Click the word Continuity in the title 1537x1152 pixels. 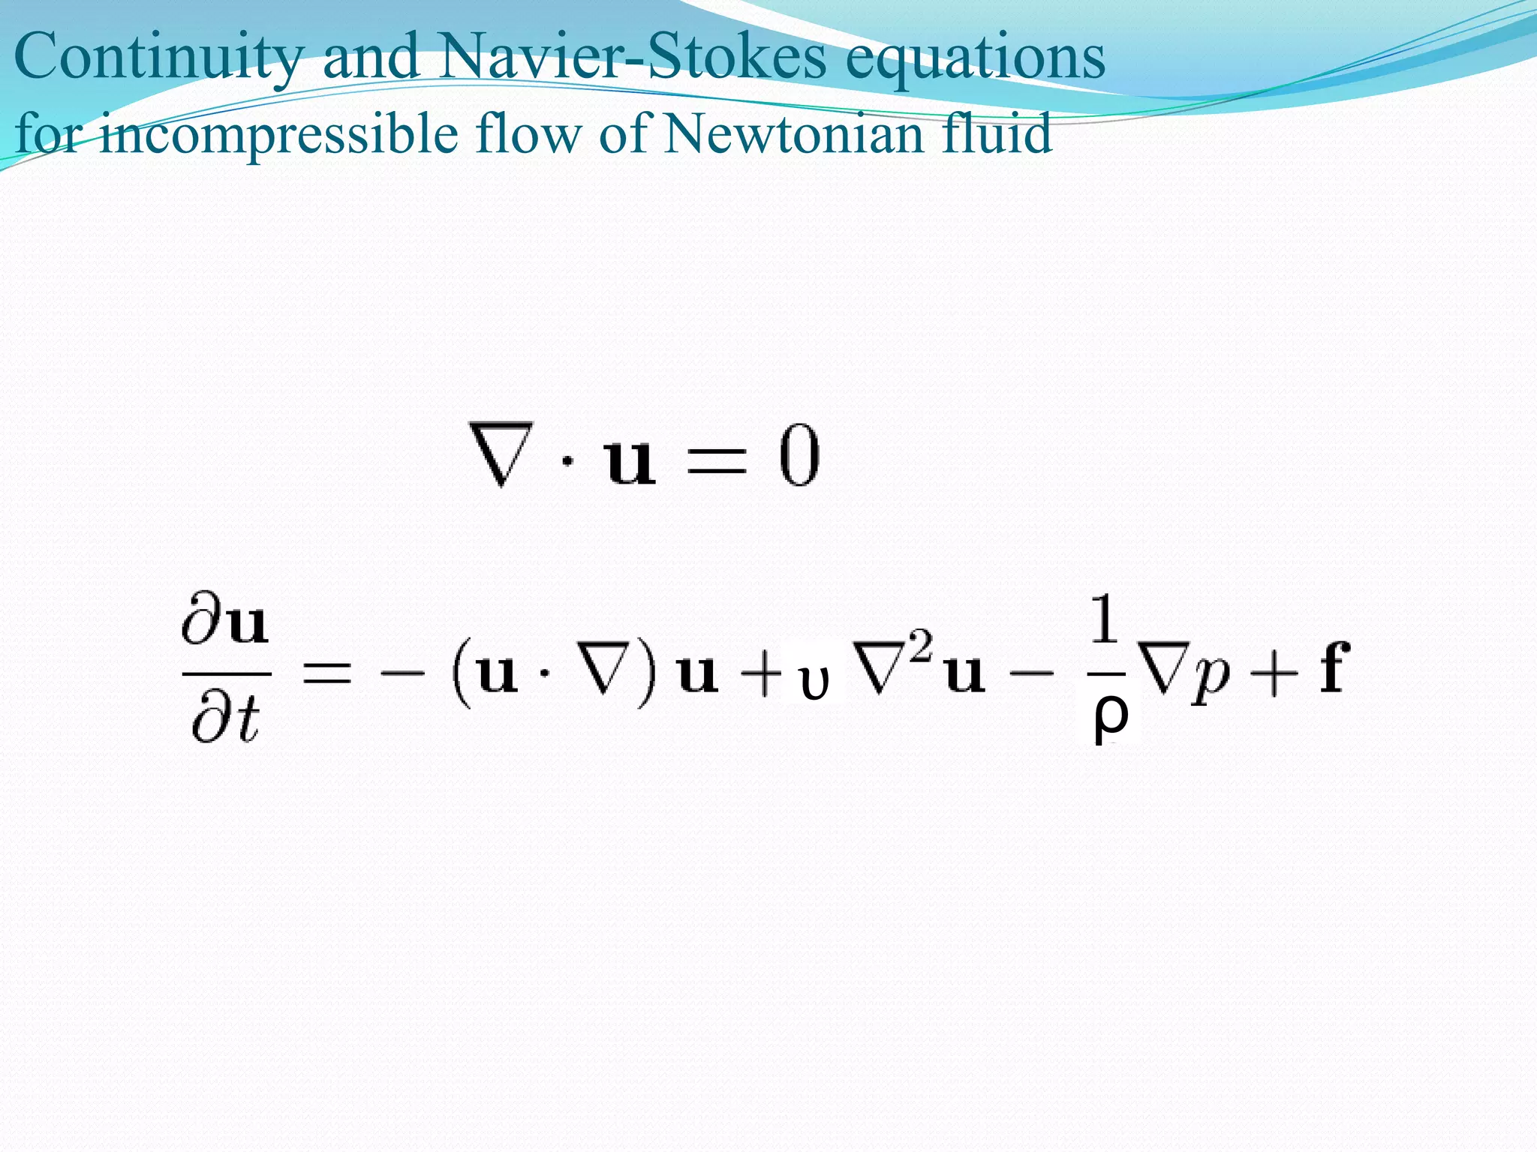pyautogui.click(x=158, y=58)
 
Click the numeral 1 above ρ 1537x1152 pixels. pyautogui.click(x=1105, y=620)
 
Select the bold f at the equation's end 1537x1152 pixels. pyautogui.click(x=1335, y=667)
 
